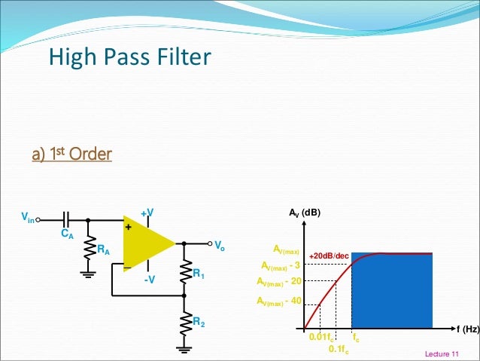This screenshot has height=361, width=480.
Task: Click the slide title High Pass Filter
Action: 129,57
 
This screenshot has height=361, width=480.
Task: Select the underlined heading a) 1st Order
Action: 71,154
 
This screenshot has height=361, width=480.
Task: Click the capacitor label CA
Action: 66,234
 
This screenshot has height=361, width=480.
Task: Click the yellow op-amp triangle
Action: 147,245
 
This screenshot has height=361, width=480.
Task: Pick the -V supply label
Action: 149,280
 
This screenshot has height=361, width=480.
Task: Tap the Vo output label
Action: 220,246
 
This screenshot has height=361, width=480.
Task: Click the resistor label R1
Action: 199,276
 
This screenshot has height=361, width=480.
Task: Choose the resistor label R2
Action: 199,323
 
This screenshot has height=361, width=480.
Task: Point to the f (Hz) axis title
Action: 466,329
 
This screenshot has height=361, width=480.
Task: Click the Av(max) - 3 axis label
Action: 279,265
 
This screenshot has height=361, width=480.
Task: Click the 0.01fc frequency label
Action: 322,338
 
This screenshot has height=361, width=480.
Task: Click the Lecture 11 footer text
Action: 441,353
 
